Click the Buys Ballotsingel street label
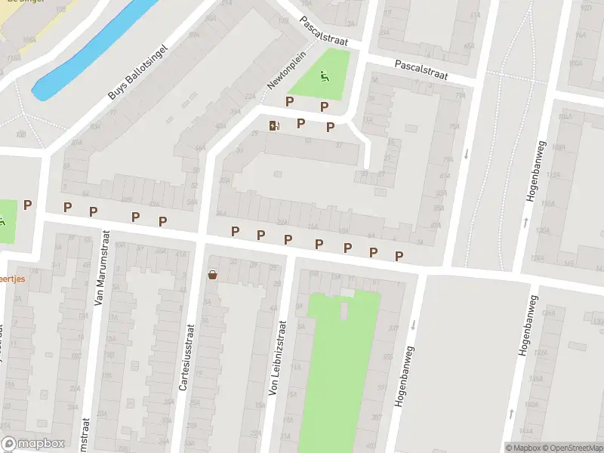[137, 71]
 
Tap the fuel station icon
[273, 125]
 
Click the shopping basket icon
[212, 275]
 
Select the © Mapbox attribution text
[524, 448]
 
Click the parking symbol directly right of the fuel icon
[300, 122]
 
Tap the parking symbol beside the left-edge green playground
[28, 204]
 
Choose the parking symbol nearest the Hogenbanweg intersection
[399, 255]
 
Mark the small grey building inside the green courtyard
[344, 310]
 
